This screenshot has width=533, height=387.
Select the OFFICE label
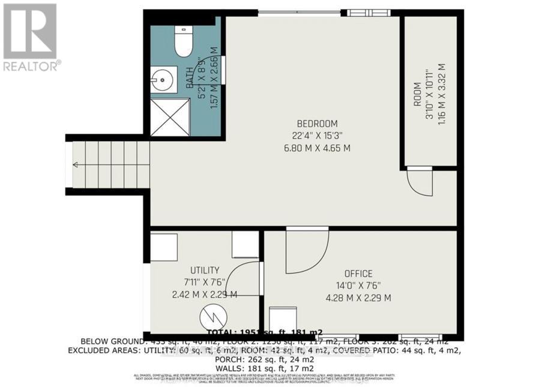coord(358,274)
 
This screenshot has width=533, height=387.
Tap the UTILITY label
coord(205,271)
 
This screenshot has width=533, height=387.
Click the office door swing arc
coord(307,251)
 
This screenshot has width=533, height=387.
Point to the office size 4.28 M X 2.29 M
coord(358,298)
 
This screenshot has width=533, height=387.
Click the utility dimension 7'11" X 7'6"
coord(205,283)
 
